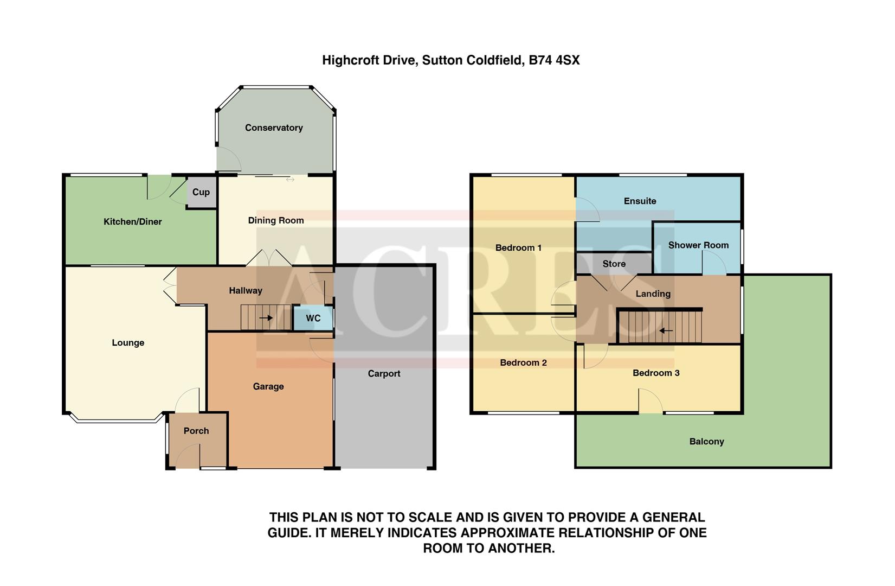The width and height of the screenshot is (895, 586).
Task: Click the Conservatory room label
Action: (x=274, y=128)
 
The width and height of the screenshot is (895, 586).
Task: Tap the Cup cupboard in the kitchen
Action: (x=201, y=192)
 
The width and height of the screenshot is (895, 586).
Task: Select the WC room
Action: (x=313, y=319)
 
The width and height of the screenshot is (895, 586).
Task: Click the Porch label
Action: (x=196, y=431)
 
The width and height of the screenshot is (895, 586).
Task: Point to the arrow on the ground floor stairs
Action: (x=266, y=318)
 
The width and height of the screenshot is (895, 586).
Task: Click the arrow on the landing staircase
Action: (x=666, y=330)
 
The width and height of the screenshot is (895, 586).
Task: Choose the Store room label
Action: (x=614, y=264)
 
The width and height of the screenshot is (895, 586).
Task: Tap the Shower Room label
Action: (x=698, y=245)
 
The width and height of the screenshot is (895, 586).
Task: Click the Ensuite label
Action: (x=640, y=201)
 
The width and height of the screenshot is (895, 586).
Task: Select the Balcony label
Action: (x=706, y=442)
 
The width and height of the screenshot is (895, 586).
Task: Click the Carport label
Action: (x=384, y=374)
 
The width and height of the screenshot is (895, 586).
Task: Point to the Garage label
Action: (x=268, y=387)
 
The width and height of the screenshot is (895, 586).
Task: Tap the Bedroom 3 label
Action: (x=656, y=373)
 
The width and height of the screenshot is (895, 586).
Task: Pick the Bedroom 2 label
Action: (x=523, y=363)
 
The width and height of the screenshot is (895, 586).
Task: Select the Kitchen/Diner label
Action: (x=133, y=222)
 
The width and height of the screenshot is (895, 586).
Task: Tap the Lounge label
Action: (x=128, y=343)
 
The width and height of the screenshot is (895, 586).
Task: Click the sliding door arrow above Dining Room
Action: (x=290, y=180)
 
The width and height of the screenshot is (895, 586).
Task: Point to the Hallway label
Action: (x=246, y=291)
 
